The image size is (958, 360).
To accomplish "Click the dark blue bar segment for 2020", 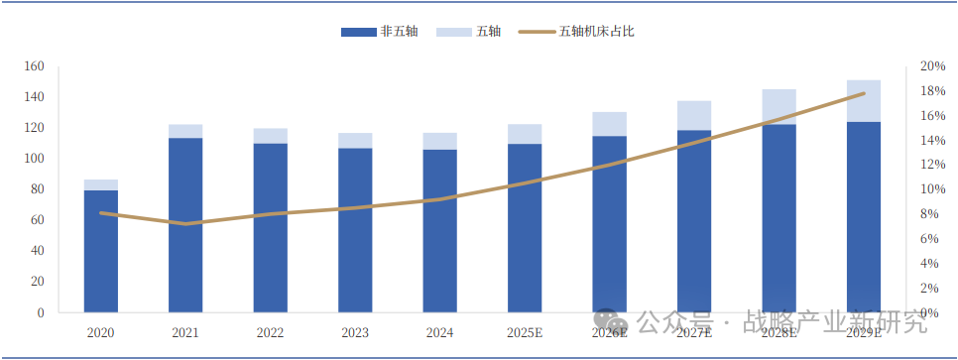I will (x=101, y=251).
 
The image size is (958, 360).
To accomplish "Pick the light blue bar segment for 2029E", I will (x=864, y=101).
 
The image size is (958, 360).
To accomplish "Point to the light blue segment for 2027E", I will (x=694, y=115).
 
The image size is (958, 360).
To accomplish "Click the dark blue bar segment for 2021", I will (x=185, y=225).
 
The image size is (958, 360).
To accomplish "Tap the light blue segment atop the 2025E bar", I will (x=525, y=134).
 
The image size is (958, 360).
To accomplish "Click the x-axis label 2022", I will (x=270, y=333).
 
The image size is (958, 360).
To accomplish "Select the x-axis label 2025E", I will (x=525, y=333).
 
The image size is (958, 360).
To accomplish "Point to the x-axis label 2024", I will (x=439, y=333).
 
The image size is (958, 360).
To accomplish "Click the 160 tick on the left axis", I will (x=35, y=66).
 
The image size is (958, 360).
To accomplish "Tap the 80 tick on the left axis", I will (x=38, y=189).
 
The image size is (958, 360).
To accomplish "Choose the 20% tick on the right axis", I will (x=932, y=66).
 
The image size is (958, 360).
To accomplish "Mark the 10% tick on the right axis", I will (x=932, y=189).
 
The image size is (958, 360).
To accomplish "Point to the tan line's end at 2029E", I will (x=864, y=93).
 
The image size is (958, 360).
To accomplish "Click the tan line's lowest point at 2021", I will (x=185, y=224).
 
